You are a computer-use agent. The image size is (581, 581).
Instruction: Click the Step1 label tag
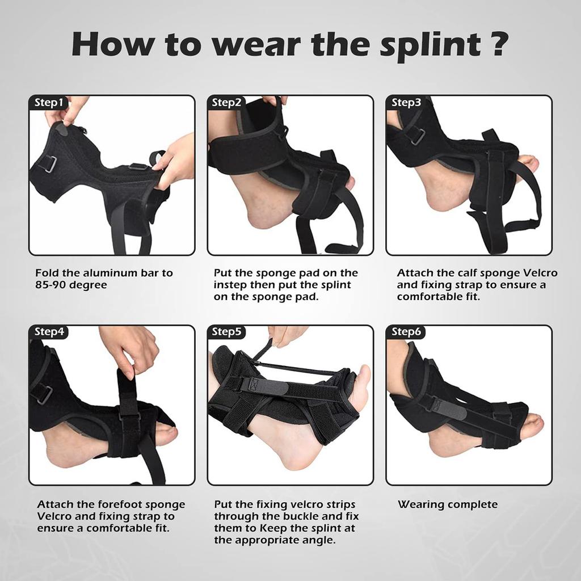point(48,103)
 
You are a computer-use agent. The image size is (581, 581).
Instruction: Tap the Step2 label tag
point(226,103)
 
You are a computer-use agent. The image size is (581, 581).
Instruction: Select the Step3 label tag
point(406,103)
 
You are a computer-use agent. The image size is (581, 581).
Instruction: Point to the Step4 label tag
point(48,332)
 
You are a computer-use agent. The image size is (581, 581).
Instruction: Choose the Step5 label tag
point(226,332)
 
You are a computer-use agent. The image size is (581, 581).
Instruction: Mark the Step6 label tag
point(406,332)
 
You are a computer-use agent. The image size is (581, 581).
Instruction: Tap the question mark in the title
point(498,44)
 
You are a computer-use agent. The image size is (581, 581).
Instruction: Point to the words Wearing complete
point(447,504)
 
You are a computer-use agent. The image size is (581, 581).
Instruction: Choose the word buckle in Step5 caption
point(308,516)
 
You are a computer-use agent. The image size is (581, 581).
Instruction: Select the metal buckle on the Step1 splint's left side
point(48,164)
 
